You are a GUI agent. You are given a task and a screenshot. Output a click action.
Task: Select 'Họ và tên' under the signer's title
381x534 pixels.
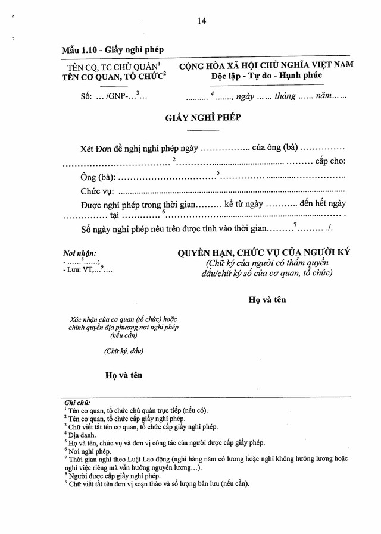click(x=267, y=299)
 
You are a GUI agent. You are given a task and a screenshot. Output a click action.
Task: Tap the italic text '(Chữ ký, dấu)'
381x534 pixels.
click(x=123, y=350)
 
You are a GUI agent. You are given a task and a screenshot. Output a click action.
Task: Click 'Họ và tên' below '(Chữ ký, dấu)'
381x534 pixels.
click(x=124, y=375)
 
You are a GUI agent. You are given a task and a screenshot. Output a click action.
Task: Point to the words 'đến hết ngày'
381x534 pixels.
click(x=323, y=204)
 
